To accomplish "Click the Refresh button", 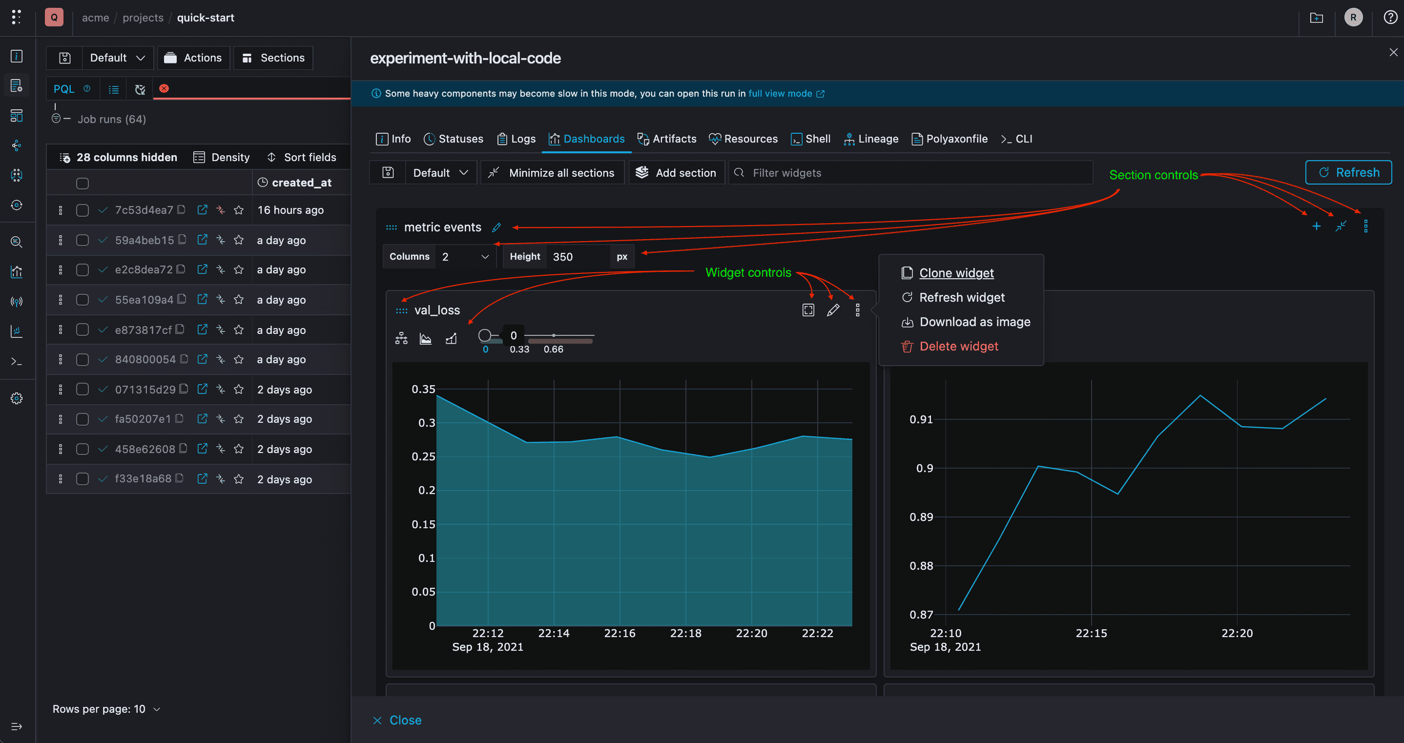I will (1348, 172).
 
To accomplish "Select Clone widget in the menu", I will (955, 273).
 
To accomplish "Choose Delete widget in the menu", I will (958, 346).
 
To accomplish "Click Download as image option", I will (974, 322).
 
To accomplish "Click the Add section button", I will (677, 173).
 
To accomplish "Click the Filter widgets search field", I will (910, 173).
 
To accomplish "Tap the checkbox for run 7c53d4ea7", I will (83, 210).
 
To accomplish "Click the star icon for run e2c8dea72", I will (239, 270).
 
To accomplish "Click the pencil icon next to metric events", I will (496, 227).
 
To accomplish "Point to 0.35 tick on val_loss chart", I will (423, 389).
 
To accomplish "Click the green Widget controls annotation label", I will (748, 272).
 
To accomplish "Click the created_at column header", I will (301, 183).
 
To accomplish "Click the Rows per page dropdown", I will (106, 709).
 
